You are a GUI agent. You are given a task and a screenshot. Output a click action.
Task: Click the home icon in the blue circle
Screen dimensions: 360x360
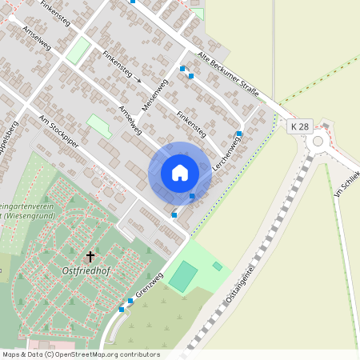[x=180, y=173]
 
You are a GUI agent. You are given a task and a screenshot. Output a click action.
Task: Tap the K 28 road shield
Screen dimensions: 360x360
[x=299, y=127]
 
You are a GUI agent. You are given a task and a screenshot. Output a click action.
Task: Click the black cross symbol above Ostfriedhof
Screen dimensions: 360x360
[x=90, y=256]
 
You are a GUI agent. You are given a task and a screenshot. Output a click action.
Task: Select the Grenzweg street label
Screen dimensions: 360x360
[x=149, y=286]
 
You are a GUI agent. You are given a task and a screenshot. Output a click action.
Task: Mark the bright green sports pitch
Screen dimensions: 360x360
[x=184, y=276]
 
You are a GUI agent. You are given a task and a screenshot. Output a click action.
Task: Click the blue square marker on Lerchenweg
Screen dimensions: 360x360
[x=239, y=134]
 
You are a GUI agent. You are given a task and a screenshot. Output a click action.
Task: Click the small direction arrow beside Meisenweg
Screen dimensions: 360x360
[x=138, y=80]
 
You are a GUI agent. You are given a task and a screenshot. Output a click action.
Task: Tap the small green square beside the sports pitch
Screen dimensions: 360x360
[x=217, y=266]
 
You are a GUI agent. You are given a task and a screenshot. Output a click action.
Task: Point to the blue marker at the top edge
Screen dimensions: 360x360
[x=133, y=2]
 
